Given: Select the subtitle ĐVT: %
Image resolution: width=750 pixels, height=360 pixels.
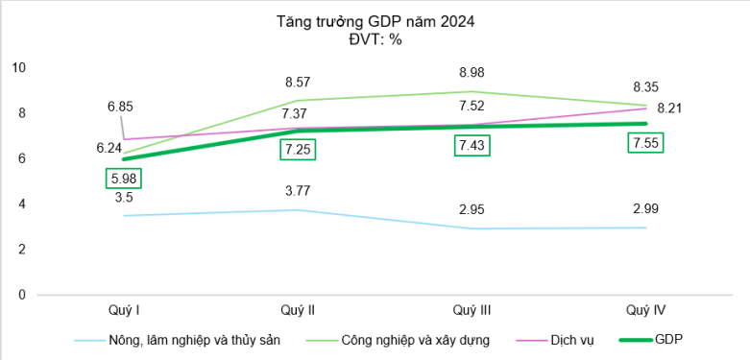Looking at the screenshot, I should click(375, 38).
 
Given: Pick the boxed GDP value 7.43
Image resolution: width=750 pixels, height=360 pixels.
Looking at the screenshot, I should click(472, 146).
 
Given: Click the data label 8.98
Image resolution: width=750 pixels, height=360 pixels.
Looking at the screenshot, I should click(472, 73).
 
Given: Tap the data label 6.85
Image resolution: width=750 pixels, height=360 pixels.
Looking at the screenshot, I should click(120, 106).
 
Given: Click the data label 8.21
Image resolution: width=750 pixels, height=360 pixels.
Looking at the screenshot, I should click(668, 108).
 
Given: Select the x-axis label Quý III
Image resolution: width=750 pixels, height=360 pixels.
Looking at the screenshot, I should click(472, 309).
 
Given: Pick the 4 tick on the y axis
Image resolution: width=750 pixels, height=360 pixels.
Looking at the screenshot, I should click(21, 204).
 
